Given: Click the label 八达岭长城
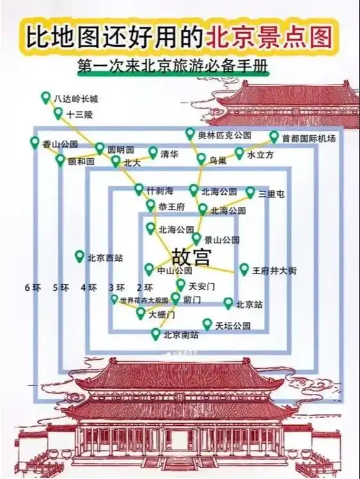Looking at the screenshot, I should click(x=76, y=99).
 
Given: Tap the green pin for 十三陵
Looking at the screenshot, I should click(x=58, y=113).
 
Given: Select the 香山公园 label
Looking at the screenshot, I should click(x=60, y=144).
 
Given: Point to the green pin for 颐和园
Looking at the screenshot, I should click(x=60, y=159).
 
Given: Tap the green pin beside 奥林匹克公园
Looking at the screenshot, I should click(x=190, y=133).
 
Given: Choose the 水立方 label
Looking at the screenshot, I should click(x=260, y=155).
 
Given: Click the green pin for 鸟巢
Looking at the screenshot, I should click(x=201, y=158).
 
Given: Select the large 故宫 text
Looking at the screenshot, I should click(x=191, y=257).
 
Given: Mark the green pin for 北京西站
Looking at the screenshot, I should click(x=79, y=256).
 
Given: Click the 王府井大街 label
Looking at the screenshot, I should click(x=274, y=271).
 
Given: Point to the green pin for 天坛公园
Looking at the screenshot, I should click(x=208, y=324).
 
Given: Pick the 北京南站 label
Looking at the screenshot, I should click(x=181, y=335).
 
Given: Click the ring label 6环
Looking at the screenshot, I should click(x=33, y=288).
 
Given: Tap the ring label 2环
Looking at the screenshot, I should click(x=145, y=288).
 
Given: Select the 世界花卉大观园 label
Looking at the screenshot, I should click(x=144, y=300).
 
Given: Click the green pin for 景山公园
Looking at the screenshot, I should click(x=196, y=238).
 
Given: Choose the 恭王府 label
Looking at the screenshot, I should click(x=171, y=207).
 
